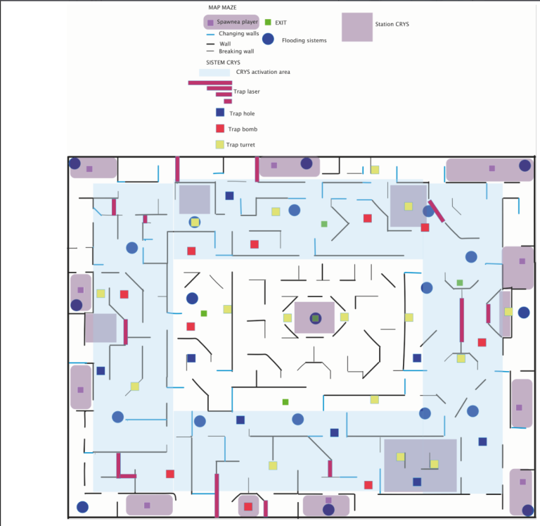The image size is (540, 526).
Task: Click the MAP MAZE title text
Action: point(221,7)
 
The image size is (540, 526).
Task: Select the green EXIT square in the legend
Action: point(268,23)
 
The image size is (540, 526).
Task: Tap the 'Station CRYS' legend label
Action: point(392,24)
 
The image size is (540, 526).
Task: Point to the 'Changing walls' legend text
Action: point(239,33)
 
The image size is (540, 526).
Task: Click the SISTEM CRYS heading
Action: point(219,63)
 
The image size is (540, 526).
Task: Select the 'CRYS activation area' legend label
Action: point(264,72)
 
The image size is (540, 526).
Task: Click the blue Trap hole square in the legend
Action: point(220,113)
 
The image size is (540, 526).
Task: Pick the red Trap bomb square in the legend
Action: point(220,129)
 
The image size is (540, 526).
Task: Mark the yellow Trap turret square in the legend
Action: point(220,145)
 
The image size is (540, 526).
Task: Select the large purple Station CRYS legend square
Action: point(357,27)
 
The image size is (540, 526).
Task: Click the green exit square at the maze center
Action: point(315,318)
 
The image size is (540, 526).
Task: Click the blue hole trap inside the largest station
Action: point(417,482)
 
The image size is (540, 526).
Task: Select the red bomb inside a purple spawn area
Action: point(247,506)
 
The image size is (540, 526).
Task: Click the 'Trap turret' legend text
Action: point(240,145)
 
